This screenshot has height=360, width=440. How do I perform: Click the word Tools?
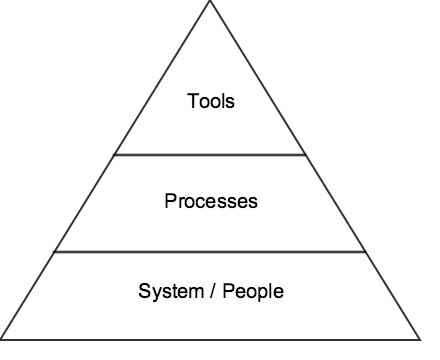[x=210, y=101]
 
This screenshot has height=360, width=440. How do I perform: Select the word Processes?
[x=210, y=201]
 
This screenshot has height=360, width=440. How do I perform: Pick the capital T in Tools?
[x=192, y=101]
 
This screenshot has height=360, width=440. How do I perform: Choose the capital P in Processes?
[x=169, y=201]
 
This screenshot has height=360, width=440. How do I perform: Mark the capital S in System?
[x=143, y=293]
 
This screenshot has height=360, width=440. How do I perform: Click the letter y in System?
[x=153, y=295]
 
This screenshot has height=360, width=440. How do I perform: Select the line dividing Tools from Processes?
[x=210, y=155]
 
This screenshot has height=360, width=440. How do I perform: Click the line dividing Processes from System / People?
[x=210, y=252]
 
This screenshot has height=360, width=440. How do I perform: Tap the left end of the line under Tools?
[x=115, y=155]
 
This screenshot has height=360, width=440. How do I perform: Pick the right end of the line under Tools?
[x=306, y=155]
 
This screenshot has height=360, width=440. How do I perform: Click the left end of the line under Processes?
[x=55, y=252]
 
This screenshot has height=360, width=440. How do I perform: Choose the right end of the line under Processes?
[x=366, y=252]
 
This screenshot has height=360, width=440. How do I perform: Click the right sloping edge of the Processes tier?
[x=336, y=204]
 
